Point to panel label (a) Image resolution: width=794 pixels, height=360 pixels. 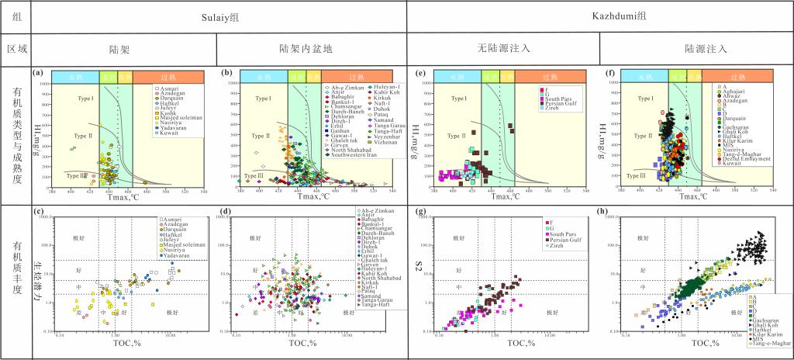pos(36,73)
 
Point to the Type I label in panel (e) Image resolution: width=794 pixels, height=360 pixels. pos(461,99)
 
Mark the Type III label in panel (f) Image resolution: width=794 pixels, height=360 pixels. pos(640,176)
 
